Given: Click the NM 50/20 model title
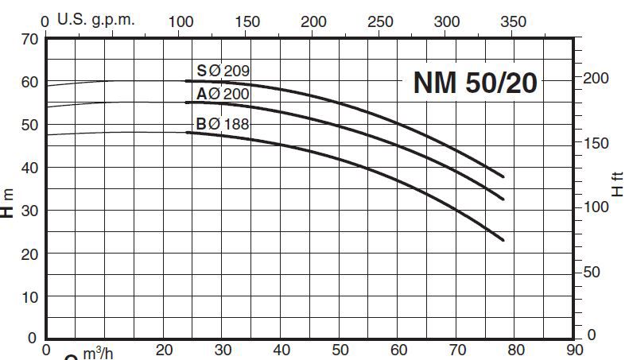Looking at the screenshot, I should (x=476, y=83).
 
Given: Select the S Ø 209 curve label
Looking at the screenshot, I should (x=223, y=72).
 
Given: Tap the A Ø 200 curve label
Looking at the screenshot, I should (x=223, y=95).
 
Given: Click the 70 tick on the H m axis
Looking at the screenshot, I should (x=30, y=38).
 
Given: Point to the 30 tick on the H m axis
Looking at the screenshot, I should (x=30, y=211).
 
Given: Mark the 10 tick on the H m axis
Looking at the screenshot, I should (x=30, y=297).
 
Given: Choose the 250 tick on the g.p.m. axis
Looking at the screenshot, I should (x=381, y=21).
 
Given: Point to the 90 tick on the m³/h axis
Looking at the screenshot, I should (x=574, y=350).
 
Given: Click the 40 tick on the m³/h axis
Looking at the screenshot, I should (x=281, y=350).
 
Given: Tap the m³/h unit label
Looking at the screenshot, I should (x=98, y=352).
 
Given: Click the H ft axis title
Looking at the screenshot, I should (x=616, y=184).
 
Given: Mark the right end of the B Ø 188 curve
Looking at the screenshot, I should (x=503, y=239).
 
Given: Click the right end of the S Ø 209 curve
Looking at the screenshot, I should (x=503, y=176).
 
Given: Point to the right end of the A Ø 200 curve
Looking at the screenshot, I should (x=503, y=199).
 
